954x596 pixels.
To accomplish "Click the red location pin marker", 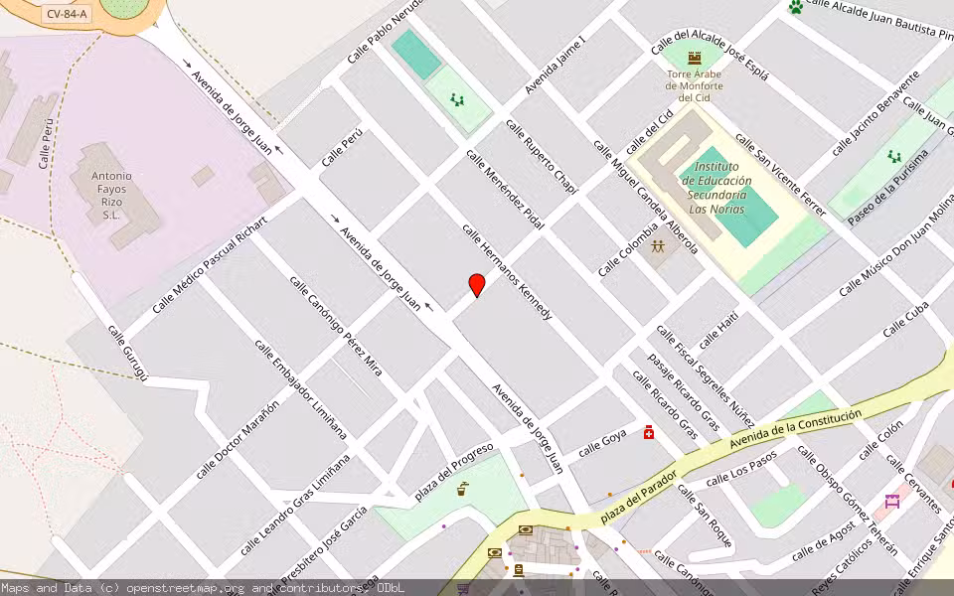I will [x=477, y=285].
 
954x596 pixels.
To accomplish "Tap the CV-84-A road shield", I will [x=68, y=14].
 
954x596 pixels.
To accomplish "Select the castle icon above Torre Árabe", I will [x=694, y=58].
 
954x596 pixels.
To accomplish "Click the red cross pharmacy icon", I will [x=649, y=432].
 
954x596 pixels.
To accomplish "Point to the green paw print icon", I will [x=795, y=8].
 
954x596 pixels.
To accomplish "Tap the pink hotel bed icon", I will [x=891, y=501].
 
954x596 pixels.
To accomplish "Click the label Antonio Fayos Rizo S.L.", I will [x=111, y=195].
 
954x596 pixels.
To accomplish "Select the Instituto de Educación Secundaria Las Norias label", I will [x=718, y=188].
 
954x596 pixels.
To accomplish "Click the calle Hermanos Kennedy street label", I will [x=507, y=270].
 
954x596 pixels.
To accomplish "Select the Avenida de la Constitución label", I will [x=795, y=428].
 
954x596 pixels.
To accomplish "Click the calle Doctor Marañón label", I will [x=238, y=438].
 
